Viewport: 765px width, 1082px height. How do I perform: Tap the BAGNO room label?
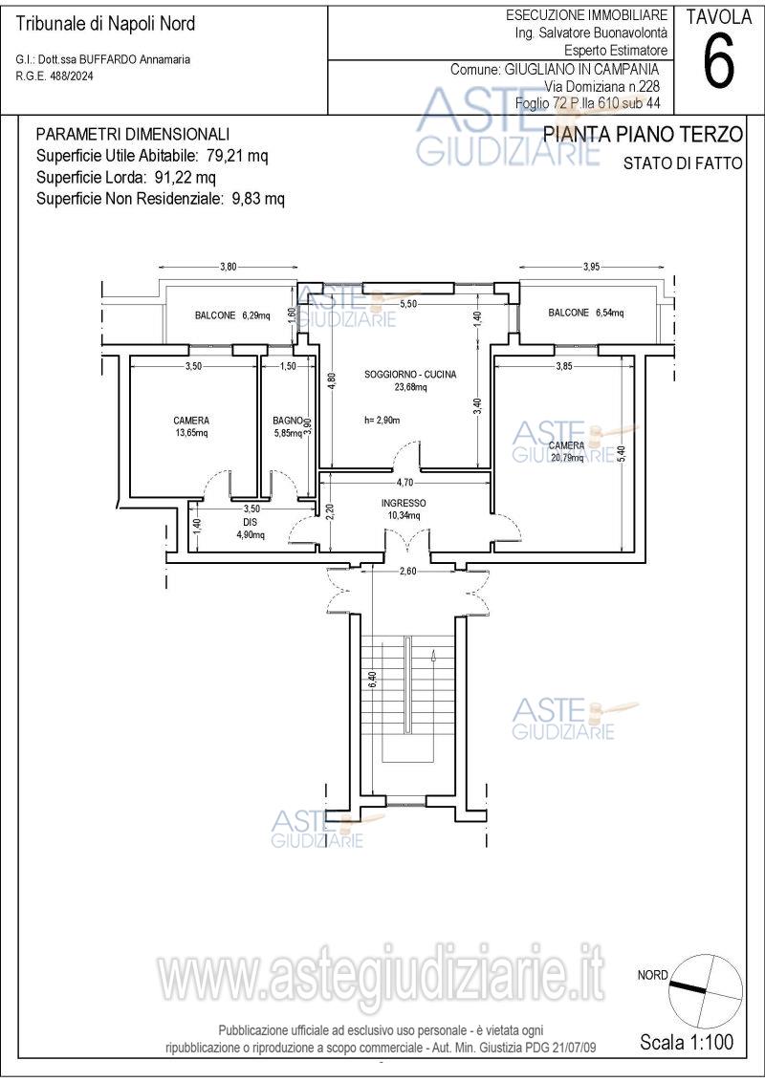click(x=288, y=420)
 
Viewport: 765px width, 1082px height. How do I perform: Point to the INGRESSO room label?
click(x=404, y=503)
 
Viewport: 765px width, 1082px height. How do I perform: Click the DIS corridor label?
click(x=250, y=523)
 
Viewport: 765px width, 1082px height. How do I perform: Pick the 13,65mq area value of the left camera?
click(x=192, y=433)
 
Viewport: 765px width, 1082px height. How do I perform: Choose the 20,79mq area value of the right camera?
click(x=566, y=458)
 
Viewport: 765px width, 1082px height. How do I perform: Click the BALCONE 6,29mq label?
click(x=232, y=315)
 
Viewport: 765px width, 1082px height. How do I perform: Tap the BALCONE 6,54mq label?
click(x=585, y=313)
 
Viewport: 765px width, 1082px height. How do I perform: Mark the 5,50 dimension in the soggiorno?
click(x=408, y=304)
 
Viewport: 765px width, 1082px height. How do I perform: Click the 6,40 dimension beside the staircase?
click(x=372, y=679)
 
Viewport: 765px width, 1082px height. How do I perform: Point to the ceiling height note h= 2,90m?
click(x=382, y=420)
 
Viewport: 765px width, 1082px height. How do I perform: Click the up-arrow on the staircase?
click(x=432, y=656)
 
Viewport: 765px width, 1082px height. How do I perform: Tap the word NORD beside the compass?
click(x=652, y=975)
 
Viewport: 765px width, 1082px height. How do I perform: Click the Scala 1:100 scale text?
click(x=687, y=1041)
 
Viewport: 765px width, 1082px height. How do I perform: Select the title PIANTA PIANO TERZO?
click(x=643, y=135)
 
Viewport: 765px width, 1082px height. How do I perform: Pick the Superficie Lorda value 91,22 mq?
click(x=186, y=178)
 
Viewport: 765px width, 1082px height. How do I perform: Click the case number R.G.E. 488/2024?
click(x=54, y=76)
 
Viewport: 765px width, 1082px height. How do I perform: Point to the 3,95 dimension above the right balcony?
click(x=592, y=267)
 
